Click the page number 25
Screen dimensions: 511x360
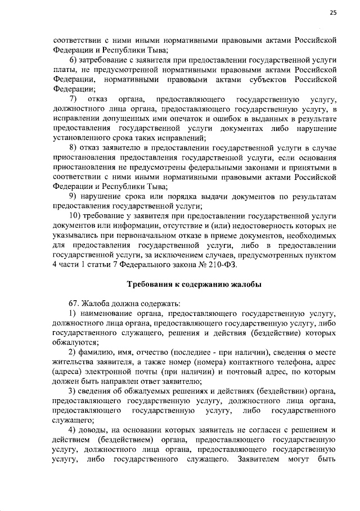(x=332, y=14)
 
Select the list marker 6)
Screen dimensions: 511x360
(x=73, y=60)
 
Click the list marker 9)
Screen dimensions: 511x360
(x=73, y=196)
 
